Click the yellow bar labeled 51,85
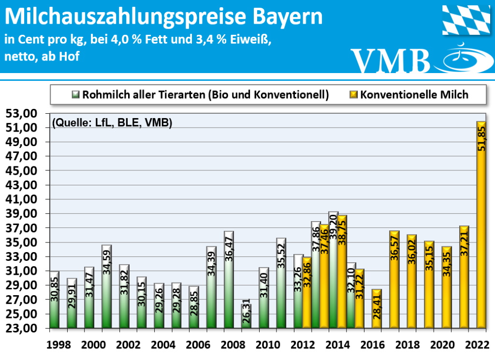coord(481,225)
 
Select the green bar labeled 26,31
coord(246,316)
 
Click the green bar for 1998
coord(54,300)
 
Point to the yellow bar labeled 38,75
coord(342,271)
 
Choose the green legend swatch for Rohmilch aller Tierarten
coord(76,95)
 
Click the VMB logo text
coord(391,60)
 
